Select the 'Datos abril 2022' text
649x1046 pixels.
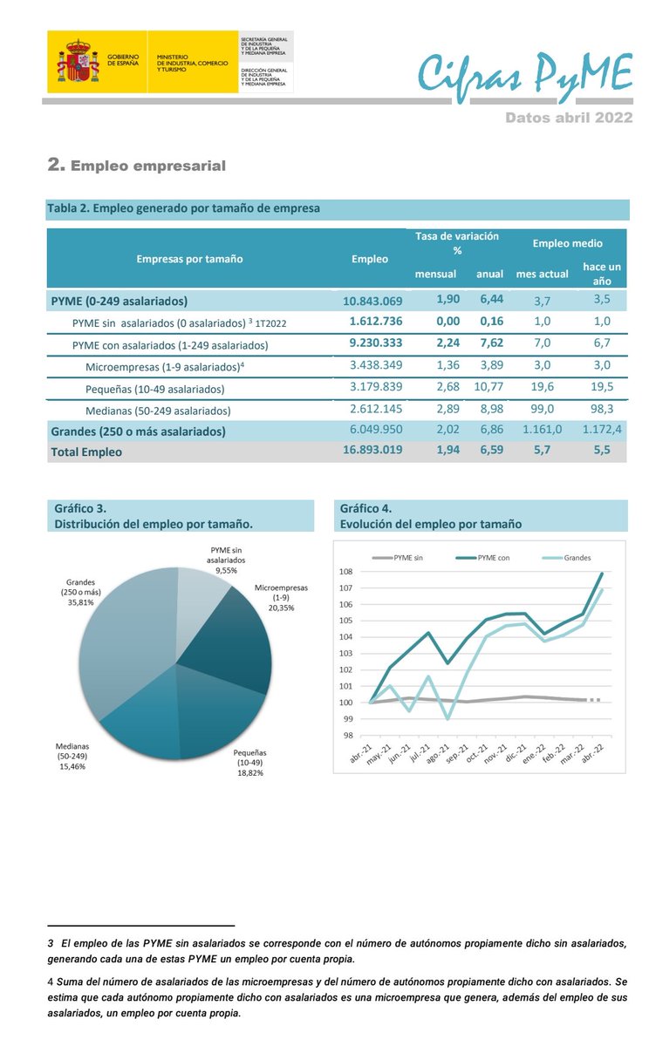[569, 117]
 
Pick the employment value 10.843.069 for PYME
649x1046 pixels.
[372, 301]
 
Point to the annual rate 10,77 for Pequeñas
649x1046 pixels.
[489, 388]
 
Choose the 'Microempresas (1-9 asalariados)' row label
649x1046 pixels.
[165, 366]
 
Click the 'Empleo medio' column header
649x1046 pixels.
[567, 243]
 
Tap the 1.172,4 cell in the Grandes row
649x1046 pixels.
[603, 431]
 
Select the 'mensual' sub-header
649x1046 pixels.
[435, 274]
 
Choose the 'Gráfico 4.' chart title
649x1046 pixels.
[365, 508]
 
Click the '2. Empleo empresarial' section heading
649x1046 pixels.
[137, 165]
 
